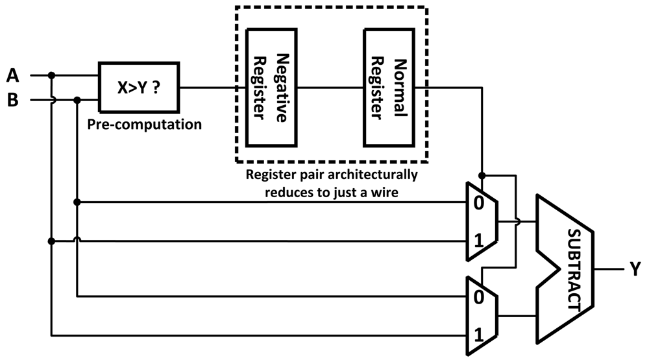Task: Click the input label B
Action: click(12, 101)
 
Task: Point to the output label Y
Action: click(635, 267)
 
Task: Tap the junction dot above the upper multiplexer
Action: click(482, 175)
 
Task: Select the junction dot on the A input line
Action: click(52, 75)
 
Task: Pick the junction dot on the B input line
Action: click(77, 101)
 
